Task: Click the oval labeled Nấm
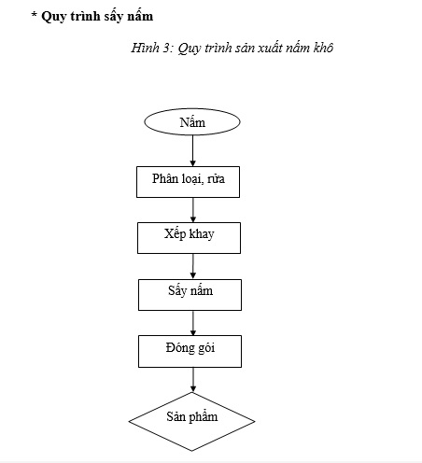[x=192, y=121]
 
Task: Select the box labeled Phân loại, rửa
[x=188, y=182]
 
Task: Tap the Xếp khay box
[x=189, y=238]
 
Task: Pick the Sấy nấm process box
[x=190, y=295]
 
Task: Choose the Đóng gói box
[x=190, y=351]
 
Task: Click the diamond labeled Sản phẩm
[x=191, y=421]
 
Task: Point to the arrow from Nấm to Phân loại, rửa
[x=192, y=150]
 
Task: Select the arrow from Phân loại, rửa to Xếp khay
[x=193, y=210]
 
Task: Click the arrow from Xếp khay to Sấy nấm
[x=193, y=266]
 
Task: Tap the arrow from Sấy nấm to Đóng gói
[x=193, y=323]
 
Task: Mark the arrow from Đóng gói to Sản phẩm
[x=193, y=380]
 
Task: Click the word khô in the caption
[x=324, y=48]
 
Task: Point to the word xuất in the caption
[x=269, y=48]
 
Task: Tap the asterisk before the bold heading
[x=35, y=14]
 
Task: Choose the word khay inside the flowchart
[x=202, y=234]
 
